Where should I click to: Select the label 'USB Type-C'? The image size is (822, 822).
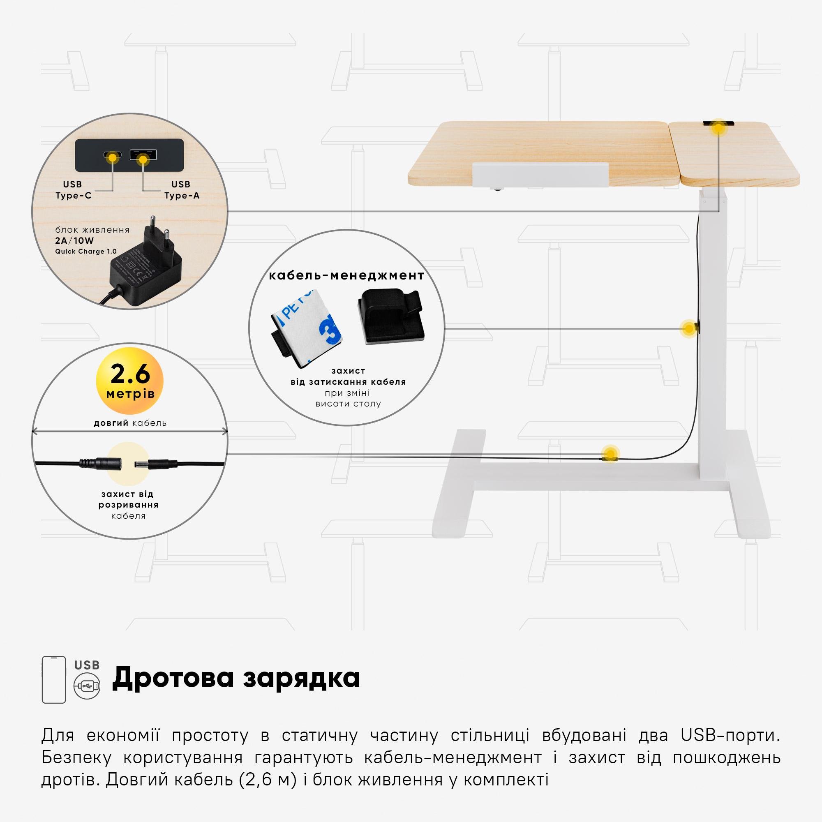(73, 190)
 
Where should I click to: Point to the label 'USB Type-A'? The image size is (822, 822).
(182, 190)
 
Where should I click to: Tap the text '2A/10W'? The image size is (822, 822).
(74, 240)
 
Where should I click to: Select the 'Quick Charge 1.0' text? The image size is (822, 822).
(86, 252)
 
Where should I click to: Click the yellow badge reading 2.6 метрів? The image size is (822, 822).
(130, 380)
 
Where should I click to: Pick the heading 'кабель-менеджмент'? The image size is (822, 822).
(346, 275)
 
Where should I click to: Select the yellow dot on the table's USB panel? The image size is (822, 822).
(718, 127)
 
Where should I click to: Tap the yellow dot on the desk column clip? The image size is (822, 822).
(688, 328)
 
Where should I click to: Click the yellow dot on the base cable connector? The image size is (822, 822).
(610, 454)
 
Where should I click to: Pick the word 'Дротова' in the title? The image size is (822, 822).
(172, 678)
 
